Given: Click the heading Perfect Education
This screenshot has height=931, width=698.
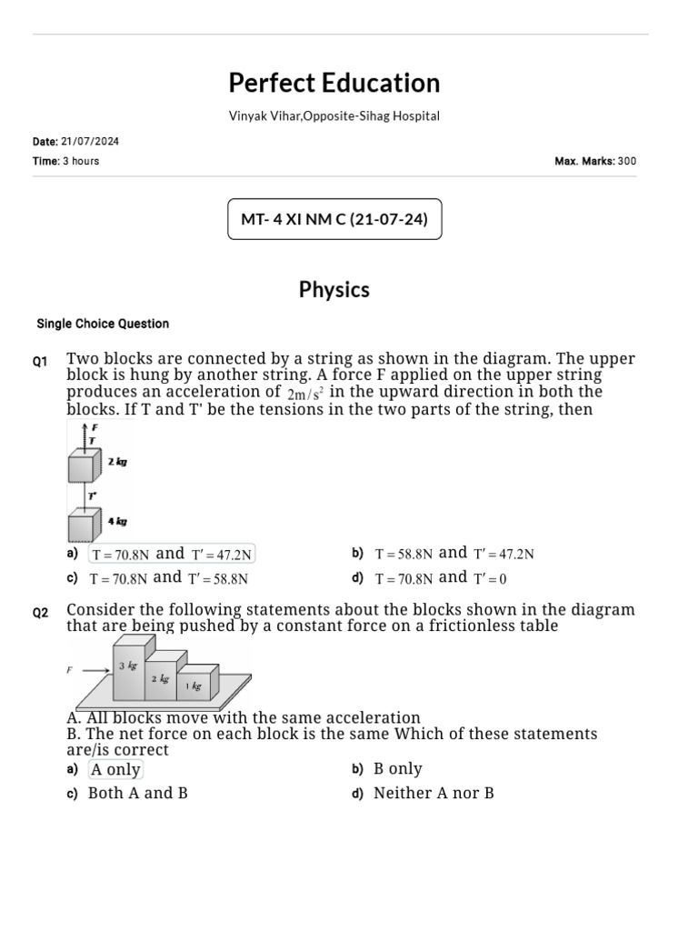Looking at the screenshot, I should click(334, 83).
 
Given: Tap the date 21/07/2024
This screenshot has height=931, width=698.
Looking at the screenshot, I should click(90, 142).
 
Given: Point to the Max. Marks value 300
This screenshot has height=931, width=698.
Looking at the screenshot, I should click(627, 161).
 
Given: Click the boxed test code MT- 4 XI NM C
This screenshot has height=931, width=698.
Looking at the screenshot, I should click(334, 219).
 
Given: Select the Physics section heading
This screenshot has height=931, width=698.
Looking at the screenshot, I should click(334, 289).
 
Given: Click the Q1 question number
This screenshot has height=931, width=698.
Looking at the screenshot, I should click(40, 362).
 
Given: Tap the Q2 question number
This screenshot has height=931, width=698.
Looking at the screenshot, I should click(40, 613).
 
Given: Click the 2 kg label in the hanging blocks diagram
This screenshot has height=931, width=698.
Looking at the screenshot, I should click(117, 462).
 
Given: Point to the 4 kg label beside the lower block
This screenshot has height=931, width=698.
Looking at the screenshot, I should click(117, 522).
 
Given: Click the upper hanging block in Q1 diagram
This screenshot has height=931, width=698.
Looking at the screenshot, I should click(84, 467).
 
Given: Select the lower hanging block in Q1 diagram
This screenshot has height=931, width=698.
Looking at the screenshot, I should click(84, 526).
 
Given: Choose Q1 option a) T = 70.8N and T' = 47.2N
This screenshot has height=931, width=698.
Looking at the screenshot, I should click(172, 554).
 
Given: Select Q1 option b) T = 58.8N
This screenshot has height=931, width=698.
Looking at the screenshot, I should click(454, 554).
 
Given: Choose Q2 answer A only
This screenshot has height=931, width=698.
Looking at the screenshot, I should click(115, 769).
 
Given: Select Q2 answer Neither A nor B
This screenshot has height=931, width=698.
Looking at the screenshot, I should click(434, 793).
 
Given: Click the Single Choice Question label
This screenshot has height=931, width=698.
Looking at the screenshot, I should click(103, 324).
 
